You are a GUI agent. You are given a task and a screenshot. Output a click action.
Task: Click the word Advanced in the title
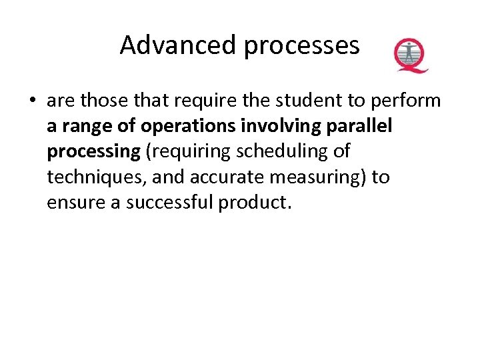(x=178, y=45)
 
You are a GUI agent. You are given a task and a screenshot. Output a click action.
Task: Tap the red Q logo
(x=410, y=55)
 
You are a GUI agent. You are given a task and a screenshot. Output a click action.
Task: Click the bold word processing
(x=93, y=152)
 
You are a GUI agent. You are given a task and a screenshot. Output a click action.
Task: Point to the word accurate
(x=220, y=177)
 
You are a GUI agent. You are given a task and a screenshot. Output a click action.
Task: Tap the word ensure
(x=74, y=202)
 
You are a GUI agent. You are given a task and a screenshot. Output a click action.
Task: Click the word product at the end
(x=254, y=203)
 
